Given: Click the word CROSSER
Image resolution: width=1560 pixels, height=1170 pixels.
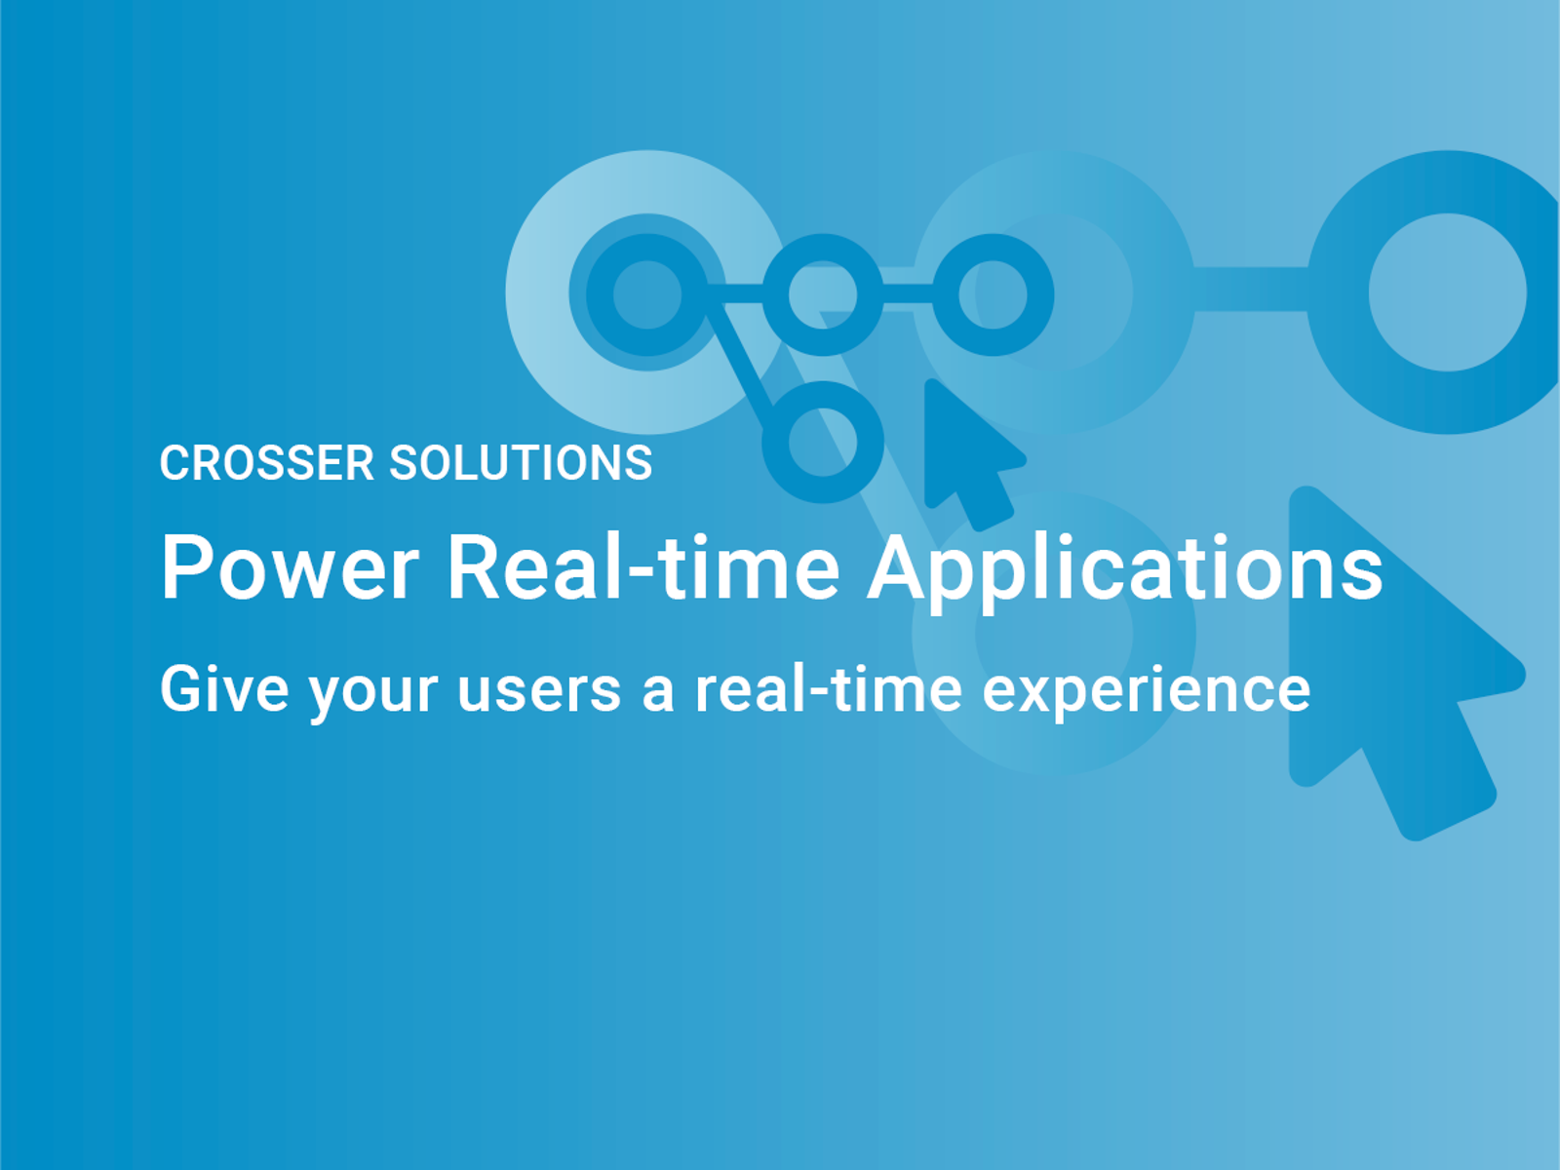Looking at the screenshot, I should [266, 463].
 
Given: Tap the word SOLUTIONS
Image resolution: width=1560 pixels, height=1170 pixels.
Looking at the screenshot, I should [521, 463].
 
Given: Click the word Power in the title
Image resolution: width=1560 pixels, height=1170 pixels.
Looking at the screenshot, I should [290, 567].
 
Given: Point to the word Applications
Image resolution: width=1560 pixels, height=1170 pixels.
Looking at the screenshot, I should [1125, 569].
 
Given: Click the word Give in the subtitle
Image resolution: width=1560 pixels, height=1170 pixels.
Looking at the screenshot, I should [224, 689].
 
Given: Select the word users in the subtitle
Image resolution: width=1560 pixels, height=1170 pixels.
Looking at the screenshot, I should [539, 690].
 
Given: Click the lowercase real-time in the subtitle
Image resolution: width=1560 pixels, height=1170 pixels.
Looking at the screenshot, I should [828, 689].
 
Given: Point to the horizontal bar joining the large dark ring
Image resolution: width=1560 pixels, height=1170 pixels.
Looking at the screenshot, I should [1250, 289].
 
